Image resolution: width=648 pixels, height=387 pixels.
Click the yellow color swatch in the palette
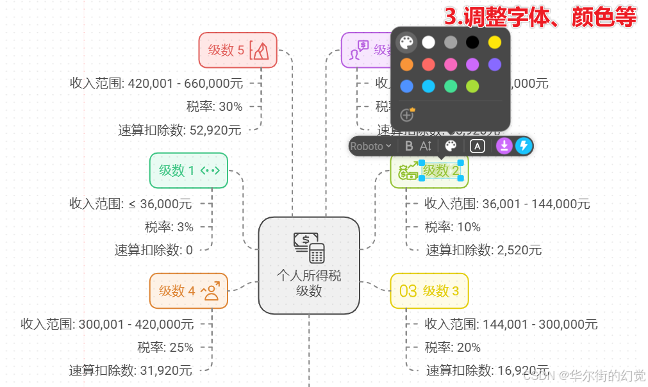494,42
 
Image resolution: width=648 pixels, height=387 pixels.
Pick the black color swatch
472,42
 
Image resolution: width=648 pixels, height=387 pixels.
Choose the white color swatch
429,42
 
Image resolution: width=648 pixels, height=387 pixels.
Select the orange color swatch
407,64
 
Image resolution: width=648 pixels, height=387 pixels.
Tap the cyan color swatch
429,86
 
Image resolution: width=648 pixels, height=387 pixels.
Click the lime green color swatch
472,86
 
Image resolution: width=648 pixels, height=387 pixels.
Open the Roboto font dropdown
370,146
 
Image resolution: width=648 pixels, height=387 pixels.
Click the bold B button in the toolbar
409,146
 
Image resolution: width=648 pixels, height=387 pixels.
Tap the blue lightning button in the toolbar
524,146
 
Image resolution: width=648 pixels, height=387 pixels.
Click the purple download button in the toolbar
504,146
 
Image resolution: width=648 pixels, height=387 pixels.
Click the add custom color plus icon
407,115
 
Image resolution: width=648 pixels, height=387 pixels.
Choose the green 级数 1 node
188,170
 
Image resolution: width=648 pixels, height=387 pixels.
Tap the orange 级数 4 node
188,291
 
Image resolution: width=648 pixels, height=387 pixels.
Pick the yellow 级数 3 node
429,291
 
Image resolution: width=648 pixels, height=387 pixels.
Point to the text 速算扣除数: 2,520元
483,250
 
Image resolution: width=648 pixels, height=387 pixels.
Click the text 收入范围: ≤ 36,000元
131,204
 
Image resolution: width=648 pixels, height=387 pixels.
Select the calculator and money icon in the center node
309,247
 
